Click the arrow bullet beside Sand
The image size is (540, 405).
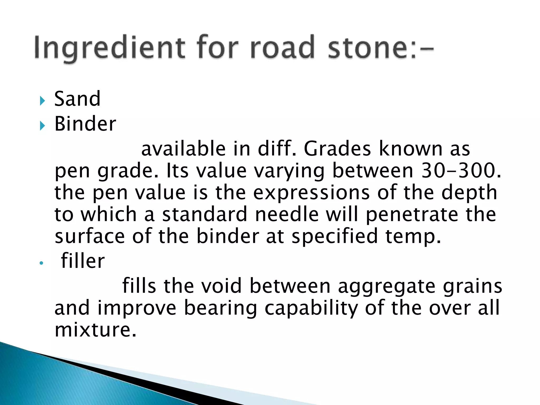coord(42,101)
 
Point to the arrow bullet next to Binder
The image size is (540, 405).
coord(42,126)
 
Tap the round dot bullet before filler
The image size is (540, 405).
coord(41,263)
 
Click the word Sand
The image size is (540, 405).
coord(77,99)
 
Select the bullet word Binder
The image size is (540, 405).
coord(85,124)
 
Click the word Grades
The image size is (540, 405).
coord(337,149)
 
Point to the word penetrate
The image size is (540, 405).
coord(412,214)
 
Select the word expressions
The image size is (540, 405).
coord(311,192)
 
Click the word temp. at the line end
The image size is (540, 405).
coord(413,237)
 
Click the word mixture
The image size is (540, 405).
coord(95,330)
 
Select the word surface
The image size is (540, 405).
coord(90,236)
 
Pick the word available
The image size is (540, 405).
coord(184,149)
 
